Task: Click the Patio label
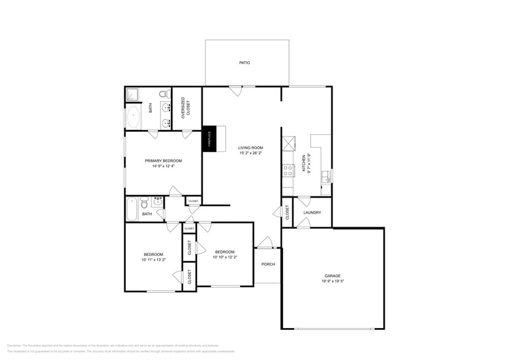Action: tap(244, 62)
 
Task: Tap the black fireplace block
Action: tap(208, 139)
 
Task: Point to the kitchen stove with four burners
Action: tap(288, 170)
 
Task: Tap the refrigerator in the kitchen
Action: tap(288, 143)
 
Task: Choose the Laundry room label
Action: tap(312, 213)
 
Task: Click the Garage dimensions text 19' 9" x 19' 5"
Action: tap(333, 282)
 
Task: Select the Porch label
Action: tap(268, 264)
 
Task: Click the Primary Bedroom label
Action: tap(163, 160)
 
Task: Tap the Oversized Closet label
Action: tap(186, 108)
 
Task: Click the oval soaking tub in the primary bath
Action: tap(133, 116)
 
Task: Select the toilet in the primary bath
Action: tap(164, 94)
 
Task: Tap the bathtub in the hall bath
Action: tap(132, 209)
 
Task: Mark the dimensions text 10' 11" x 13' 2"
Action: tap(153, 260)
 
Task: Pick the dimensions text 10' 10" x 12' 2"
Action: tap(224, 257)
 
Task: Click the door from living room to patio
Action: tap(235, 91)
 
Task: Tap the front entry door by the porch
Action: tap(264, 243)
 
